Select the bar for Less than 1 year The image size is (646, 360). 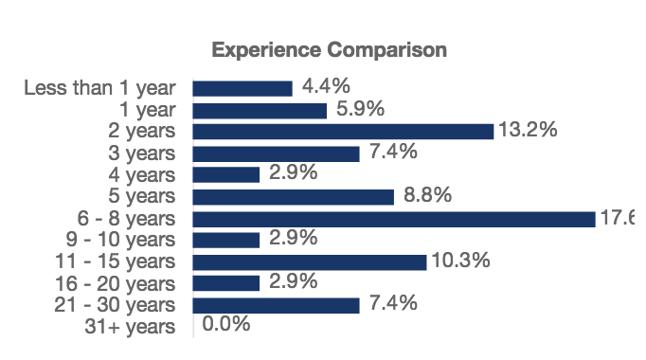[x=242, y=88]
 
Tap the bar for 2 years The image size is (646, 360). [x=343, y=132]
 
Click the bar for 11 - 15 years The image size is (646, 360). [x=310, y=262]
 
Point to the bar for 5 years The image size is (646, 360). [x=293, y=197]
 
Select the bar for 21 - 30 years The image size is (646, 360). [x=276, y=305]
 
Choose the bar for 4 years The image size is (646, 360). [x=226, y=175]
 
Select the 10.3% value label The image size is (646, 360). [x=459, y=261]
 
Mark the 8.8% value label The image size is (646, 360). [x=427, y=195]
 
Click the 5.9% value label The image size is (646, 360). [x=360, y=109]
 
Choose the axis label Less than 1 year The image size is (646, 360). [x=99, y=88]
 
